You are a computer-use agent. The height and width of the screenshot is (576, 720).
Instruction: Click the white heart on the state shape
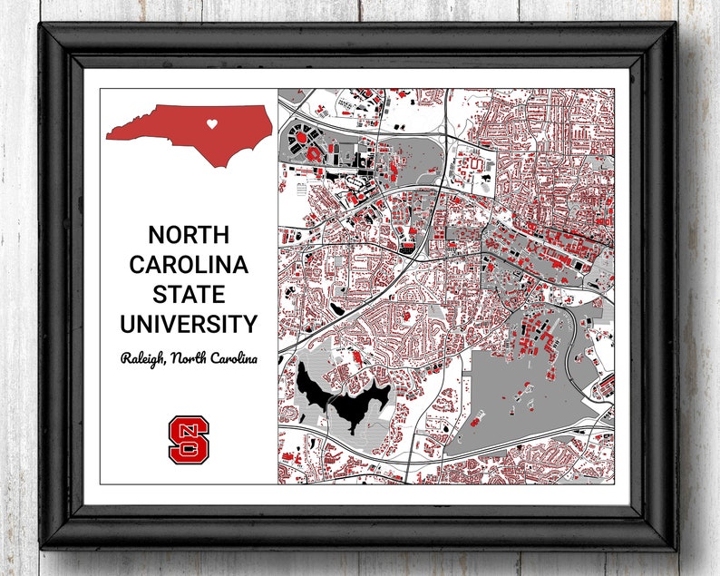(210, 123)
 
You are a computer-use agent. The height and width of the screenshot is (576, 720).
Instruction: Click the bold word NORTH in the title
(189, 235)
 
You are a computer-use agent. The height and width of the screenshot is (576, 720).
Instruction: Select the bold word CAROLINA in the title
(189, 265)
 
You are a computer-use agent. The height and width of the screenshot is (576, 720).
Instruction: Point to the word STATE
(189, 294)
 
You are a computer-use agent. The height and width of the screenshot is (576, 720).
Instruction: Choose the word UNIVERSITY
(189, 324)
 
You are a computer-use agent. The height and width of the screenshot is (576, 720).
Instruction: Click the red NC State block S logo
(188, 439)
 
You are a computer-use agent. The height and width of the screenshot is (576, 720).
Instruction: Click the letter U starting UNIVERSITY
(129, 324)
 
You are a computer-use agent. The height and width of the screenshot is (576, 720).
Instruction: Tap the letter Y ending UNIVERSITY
(249, 324)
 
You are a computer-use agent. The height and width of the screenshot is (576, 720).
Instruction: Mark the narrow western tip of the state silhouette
(108, 137)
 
